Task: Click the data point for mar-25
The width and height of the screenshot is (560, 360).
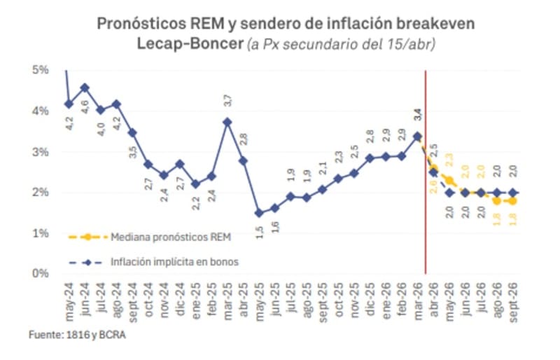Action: pos(227,121)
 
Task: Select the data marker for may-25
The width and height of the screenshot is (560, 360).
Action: pos(258,212)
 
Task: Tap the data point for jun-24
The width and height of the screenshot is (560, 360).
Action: pos(84,88)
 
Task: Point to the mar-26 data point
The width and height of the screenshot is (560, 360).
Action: pos(418,137)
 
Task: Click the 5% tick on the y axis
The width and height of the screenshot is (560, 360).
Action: pos(39,70)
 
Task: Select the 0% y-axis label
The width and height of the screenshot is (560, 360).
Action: pos(39,273)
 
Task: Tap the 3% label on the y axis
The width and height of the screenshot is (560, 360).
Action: pos(39,151)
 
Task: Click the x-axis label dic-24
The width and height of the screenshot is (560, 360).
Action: pos(180,298)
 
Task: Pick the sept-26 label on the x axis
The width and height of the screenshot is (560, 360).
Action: pos(514,300)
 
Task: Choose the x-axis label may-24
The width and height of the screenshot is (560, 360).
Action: pos(69,298)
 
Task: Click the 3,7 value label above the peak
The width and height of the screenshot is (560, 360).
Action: pos(227,100)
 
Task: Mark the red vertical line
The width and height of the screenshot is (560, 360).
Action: pos(426,175)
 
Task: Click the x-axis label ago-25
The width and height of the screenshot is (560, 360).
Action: pos(307,298)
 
